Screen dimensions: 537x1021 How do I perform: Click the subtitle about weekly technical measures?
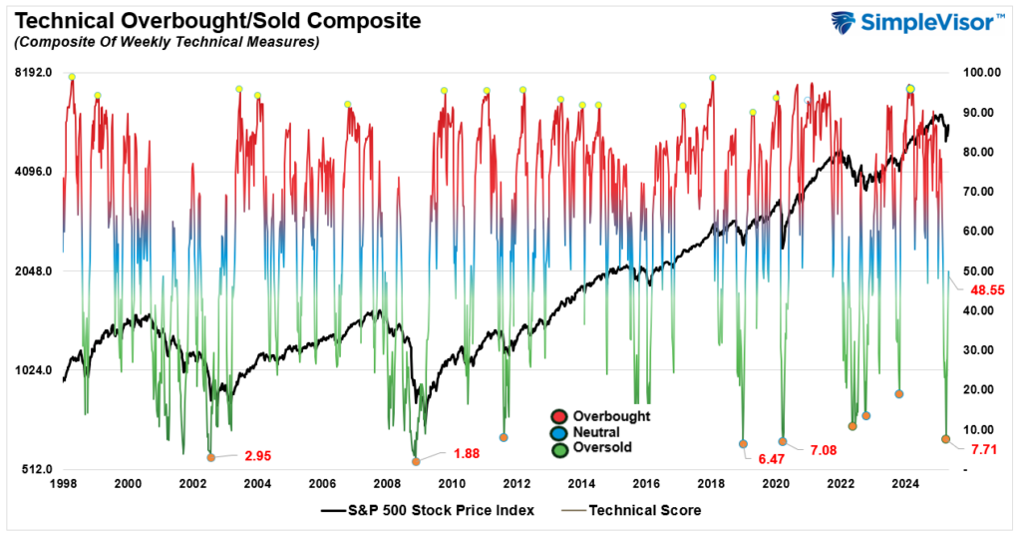[x=166, y=42]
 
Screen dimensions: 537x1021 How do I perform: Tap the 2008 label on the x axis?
[x=387, y=484]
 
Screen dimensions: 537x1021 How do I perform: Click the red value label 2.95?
[x=256, y=456]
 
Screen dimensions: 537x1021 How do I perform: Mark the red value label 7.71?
[x=986, y=450]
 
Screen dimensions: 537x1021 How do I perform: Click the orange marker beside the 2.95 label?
[x=210, y=457]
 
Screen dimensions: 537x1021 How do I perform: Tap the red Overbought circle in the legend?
[x=558, y=415]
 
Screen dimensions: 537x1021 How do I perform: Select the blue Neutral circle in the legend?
[x=558, y=431]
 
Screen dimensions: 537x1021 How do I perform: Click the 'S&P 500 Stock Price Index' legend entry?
[x=428, y=510]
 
